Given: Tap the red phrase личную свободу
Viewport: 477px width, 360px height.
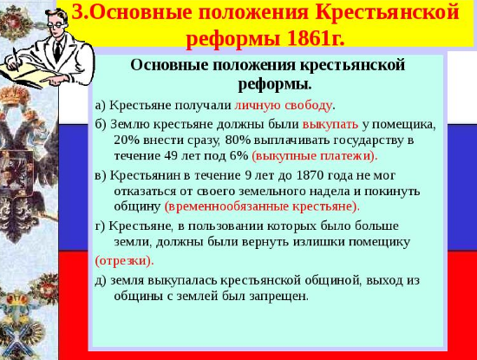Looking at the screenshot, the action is point(283,105).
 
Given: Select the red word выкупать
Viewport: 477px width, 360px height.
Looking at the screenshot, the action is point(330,124).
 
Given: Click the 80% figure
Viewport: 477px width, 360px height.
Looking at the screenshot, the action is point(238,141).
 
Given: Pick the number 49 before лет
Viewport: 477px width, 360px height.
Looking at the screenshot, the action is point(171,156).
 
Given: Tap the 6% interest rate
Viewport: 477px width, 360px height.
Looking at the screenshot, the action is point(238,156).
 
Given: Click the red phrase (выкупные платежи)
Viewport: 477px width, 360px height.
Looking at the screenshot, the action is point(315,156).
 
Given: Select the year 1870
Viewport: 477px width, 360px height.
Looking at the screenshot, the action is point(310,175).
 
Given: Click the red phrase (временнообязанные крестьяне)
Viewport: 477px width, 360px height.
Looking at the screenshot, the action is point(262,207).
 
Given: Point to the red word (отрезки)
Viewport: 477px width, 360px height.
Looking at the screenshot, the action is point(124,261).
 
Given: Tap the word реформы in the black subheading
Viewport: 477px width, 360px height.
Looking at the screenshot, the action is point(275,84).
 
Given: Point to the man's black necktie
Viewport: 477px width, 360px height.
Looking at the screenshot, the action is point(58,51).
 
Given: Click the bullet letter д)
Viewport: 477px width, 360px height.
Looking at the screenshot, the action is point(101,281).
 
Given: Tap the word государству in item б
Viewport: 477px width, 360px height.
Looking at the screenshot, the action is point(369,141).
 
